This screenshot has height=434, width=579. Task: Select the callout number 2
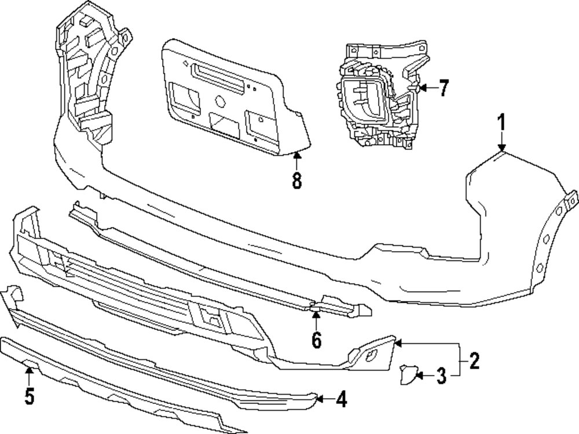tap(474, 362)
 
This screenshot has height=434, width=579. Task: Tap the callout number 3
tap(441, 377)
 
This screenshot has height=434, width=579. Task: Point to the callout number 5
tap(30, 396)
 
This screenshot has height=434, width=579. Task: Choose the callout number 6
tap(316, 340)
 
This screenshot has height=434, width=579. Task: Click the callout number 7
tap(443, 89)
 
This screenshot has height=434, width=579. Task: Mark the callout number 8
tap(296, 181)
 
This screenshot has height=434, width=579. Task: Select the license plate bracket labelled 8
tap(232, 98)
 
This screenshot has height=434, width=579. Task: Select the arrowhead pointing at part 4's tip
tap(319, 398)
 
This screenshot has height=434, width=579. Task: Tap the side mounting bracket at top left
tap(87, 75)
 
